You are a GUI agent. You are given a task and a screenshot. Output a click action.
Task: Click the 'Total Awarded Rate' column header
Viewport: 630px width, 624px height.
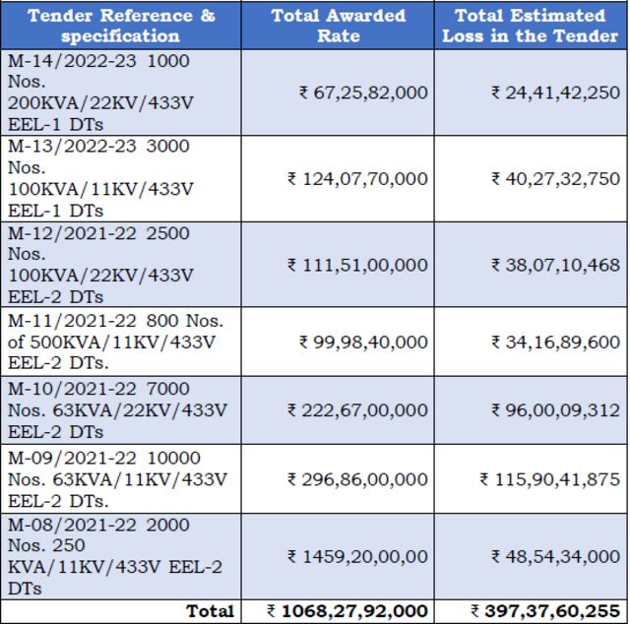pyautogui.click(x=338, y=25)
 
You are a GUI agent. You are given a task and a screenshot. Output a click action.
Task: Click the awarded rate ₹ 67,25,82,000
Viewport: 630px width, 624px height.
pyautogui.click(x=363, y=93)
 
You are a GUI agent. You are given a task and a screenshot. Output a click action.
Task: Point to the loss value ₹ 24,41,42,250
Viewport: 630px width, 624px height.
pyautogui.click(x=555, y=93)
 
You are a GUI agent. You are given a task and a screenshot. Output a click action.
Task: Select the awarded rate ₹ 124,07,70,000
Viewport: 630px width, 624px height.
pyautogui.click(x=357, y=178)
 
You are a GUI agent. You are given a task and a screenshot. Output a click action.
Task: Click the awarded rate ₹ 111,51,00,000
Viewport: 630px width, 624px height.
pyautogui.click(x=357, y=265)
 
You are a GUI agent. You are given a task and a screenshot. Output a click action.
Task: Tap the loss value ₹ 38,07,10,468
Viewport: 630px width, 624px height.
pyautogui.click(x=555, y=265)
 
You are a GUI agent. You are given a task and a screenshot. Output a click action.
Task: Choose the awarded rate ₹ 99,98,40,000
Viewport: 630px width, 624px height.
pyautogui.click(x=363, y=342)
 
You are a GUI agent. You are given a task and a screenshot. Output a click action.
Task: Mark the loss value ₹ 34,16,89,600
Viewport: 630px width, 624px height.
pyautogui.click(x=555, y=342)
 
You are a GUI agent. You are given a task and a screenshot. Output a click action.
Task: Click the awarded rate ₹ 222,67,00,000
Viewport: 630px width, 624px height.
pyautogui.click(x=357, y=409)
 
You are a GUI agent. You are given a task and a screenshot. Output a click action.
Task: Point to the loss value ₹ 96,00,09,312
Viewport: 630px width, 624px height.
pyautogui.click(x=555, y=409)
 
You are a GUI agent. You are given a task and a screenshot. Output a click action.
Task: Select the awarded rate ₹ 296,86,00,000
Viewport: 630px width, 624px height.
pyautogui.click(x=357, y=478)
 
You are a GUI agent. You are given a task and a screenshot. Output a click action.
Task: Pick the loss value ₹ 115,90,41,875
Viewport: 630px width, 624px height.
pyautogui.click(x=549, y=478)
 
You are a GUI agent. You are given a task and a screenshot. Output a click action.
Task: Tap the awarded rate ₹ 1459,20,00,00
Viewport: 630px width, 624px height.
pyautogui.click(x=357, y=556)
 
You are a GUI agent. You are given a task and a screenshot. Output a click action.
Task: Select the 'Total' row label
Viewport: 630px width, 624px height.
pyautogui.click(x=210, y=611)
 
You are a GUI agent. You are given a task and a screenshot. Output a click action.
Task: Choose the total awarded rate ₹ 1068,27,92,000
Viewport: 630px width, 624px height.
pyautogui.click(x=347, y=611)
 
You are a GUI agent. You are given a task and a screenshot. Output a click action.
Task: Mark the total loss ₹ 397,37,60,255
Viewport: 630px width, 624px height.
pyautogui.click(x=544, y=611)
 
